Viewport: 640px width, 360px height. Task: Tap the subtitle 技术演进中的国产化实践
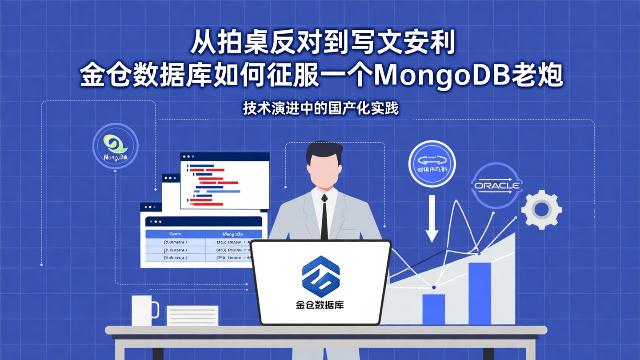coord(320,108)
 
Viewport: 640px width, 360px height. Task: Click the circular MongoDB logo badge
coord(116,146)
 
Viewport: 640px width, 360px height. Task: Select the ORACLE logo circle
coord(496,185)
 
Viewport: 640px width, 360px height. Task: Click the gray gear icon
coord(541,209)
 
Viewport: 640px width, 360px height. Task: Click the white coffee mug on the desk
coord(144,311)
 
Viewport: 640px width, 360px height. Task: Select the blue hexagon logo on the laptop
coord(320,276)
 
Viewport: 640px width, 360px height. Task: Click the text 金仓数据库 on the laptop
coord(320,305)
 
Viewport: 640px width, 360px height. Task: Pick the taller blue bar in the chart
coord(480,293)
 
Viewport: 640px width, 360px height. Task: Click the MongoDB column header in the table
coord(236,234)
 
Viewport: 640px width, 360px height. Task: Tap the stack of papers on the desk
coord(192,316)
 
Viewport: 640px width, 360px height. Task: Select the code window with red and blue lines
coord(224,181)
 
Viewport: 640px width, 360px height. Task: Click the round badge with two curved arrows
coord(432,163)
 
